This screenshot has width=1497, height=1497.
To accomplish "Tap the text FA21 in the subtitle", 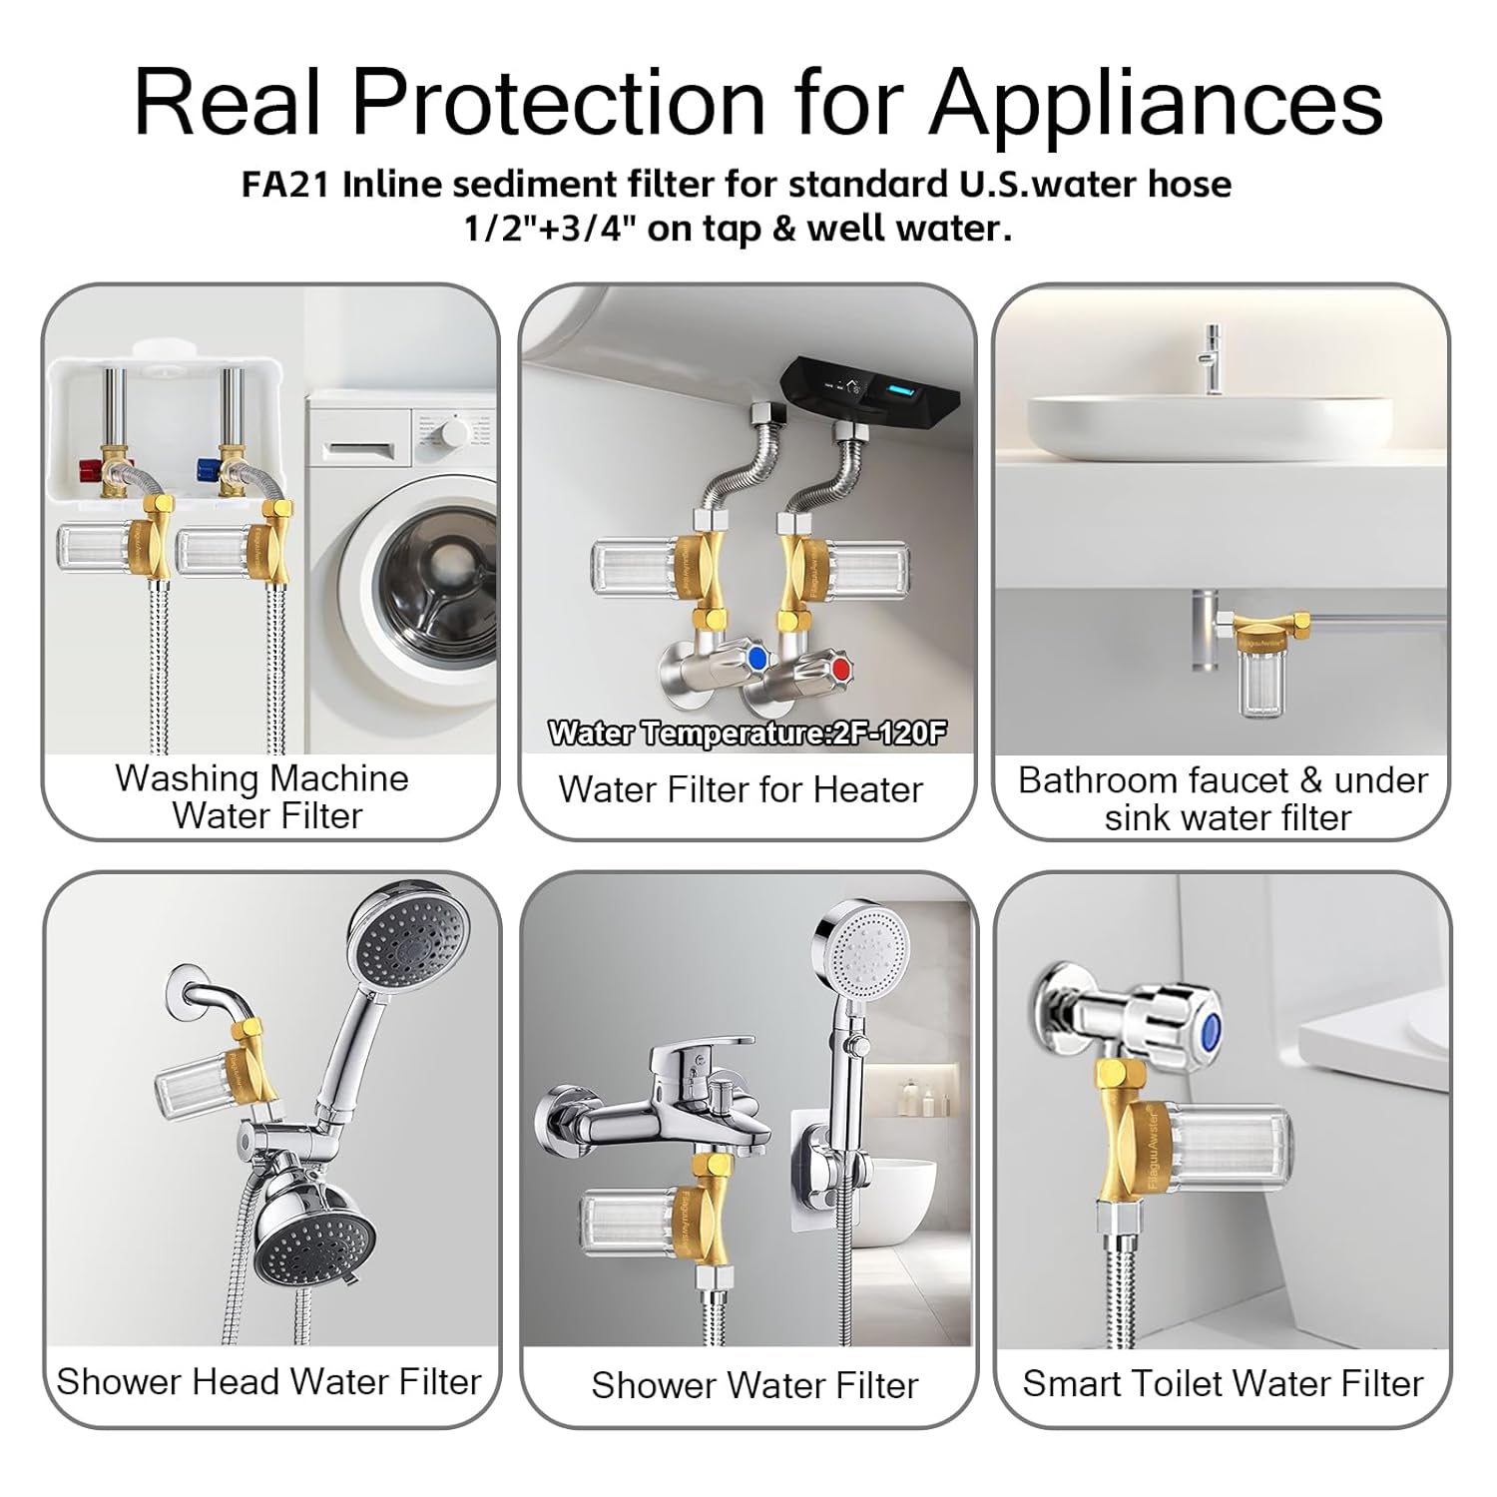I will (x=285, y=185).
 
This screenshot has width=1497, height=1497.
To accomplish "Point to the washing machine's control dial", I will (x=455, y=431).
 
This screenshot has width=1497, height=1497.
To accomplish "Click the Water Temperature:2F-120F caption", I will (x=747, y=734).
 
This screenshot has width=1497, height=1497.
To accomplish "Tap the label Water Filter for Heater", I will (x=741, y=789).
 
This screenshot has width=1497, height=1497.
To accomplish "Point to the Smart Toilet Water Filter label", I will (x=1223, y=1383).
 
